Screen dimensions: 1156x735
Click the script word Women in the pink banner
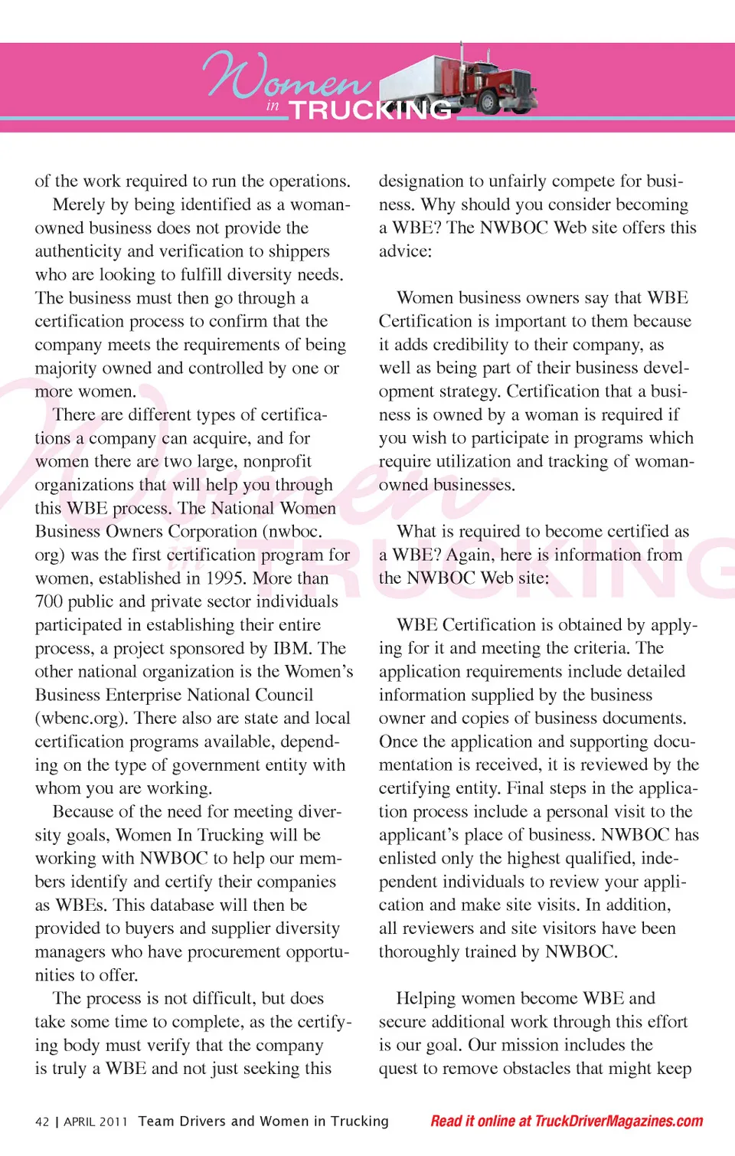[287, 77]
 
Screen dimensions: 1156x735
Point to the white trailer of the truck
[417, 80]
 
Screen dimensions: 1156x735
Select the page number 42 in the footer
[42, 1122]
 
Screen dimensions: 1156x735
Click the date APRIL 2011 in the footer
[96, 1122]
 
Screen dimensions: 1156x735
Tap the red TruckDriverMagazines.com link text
[619, 1121]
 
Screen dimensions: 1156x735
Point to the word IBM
[292, 648]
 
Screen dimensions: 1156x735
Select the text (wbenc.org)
[82, 719]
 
